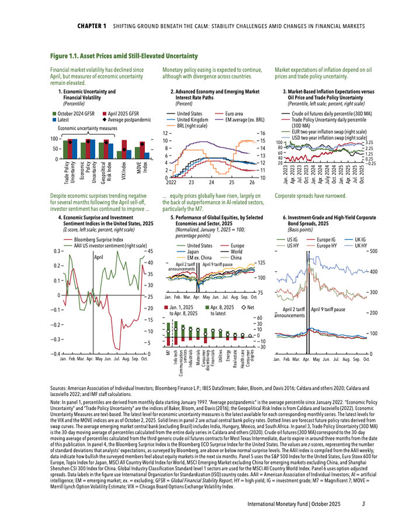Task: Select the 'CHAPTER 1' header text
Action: [x=92, y=27]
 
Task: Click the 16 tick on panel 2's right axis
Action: [x=262, y=133]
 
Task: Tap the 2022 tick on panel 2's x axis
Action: [x=169, y=182]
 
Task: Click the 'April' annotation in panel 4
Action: [x=98, y=257]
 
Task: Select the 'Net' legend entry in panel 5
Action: [x=251, y=307]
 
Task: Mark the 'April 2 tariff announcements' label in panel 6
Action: [x=293, y=311]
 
